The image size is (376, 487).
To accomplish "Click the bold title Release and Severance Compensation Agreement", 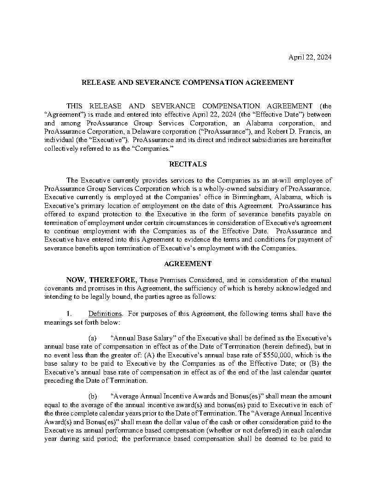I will pyautogui.click(x=188, y=83).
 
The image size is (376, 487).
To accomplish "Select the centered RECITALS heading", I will pyautogui.click(x=188, y=164).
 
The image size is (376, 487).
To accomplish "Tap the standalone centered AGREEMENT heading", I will pyautogui.click(x=188, y=264).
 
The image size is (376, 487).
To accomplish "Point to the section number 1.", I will pyautogui.click(x=69, y=314).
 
